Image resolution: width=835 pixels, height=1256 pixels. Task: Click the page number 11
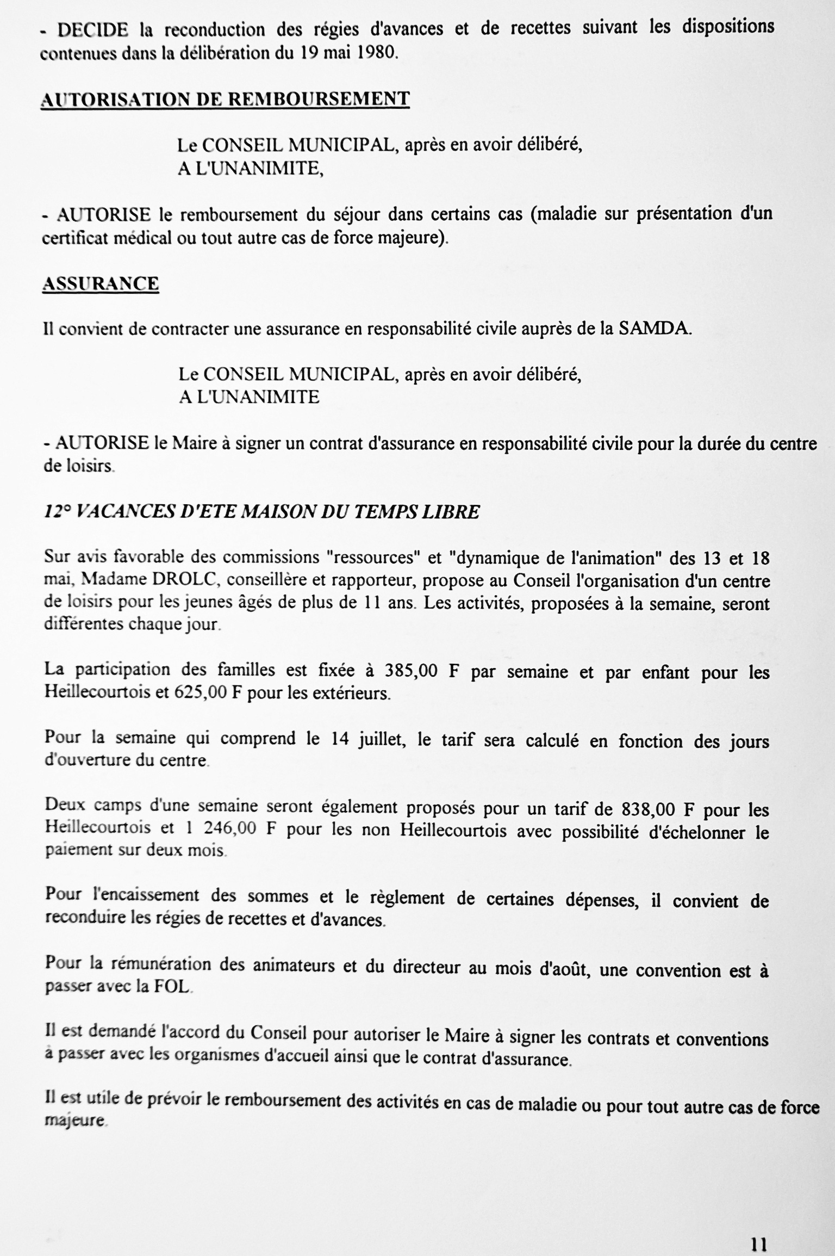click(x=758, y=1228)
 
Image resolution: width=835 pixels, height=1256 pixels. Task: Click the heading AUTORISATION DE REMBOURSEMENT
click(x=225, y=99)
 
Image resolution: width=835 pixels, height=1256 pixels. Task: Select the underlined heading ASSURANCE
click(x=101, y=284)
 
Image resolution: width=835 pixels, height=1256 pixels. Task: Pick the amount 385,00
click(x=411, y=671)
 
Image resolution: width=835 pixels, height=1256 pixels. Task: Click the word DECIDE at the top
click(x=93, y=30)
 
